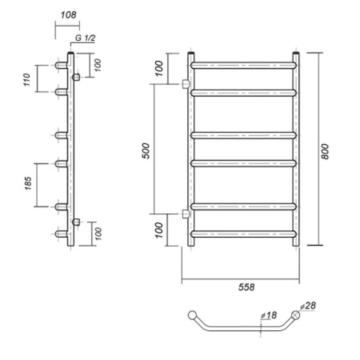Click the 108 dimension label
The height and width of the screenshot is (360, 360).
(x=68, y=15)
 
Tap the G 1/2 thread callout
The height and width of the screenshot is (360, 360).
(x=85, y=38)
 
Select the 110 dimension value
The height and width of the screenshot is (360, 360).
(x=27, y=80)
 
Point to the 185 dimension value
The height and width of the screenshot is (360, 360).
(x=28, y=183)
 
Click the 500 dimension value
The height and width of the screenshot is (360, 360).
(x=146, y=151)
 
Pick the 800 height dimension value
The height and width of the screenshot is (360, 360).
(x=325, y=152)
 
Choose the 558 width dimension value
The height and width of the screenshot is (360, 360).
(x=247, y=287)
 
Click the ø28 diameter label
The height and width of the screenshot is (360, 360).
(x=308, y=306)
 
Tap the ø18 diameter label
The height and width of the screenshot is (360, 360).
(x=269, y=315)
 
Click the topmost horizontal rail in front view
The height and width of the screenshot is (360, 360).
(x=243, y=65)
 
